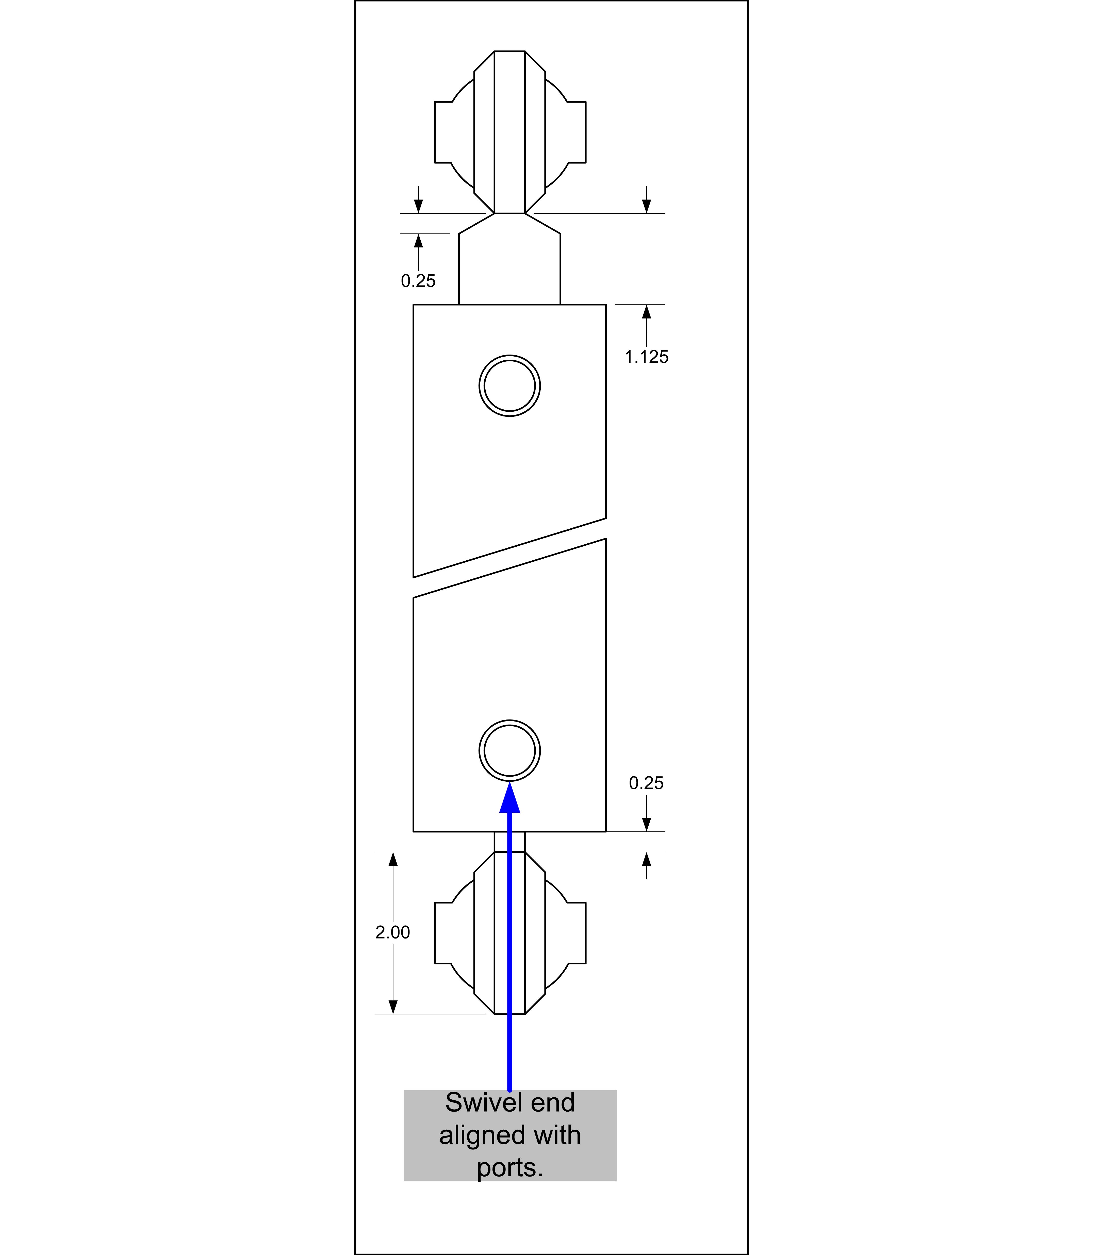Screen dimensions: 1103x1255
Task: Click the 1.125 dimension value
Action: (646, 357)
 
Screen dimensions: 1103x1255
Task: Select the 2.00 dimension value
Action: (392, 932)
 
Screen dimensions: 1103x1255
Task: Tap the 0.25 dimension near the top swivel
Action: (418, 281)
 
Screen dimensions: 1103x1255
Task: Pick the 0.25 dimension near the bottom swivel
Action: (646, 783)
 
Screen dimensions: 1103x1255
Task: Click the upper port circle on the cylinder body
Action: (510, 356)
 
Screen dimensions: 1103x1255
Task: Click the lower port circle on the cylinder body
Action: (510, 720)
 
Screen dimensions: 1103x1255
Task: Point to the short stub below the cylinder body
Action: (510, 842)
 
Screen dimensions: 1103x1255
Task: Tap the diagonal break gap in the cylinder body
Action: (510, 558)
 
